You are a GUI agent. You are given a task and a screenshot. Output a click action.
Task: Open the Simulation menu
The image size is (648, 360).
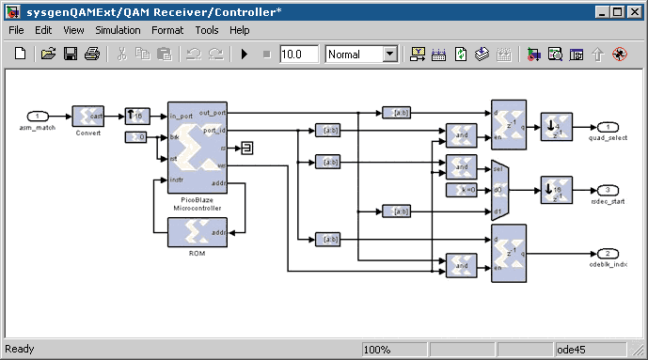pyautogui.click(x=118, y=30)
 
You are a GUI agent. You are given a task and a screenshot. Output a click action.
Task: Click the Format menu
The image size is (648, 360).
pyautogui.click(x=167, y=30)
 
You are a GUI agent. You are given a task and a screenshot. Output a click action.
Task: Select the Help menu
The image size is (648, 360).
pyautogui.click(x=239, y=30)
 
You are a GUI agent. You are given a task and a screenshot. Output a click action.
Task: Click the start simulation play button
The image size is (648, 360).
pyautogui.click(x=245, y=55)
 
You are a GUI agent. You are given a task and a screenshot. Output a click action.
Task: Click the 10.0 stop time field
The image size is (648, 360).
pyautogui.click(x=298, y=55)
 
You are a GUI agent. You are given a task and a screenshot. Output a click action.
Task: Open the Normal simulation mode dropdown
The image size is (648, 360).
pyautogui.click(x=361, y=55)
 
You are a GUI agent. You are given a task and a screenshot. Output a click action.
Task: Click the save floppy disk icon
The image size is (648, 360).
pyautogui.click(x=71, y=55)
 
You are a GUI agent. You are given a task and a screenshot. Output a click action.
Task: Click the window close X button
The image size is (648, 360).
pyautogui.click(x=635, y=10)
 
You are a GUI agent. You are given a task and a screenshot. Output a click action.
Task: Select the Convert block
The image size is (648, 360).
pyautogui.click(x=87, y=116)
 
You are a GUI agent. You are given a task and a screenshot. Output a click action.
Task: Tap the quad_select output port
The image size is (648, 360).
pyautogui.click(x=608, y=127)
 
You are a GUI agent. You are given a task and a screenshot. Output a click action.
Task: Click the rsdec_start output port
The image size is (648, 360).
pyautogui.click(x=608, y=190)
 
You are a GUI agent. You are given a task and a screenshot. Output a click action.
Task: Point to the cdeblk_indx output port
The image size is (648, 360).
pyautogui.click(x=608, y=254)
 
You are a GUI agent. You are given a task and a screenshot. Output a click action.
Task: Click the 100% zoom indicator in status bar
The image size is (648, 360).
pyautogui.click(x=377, y=350)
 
